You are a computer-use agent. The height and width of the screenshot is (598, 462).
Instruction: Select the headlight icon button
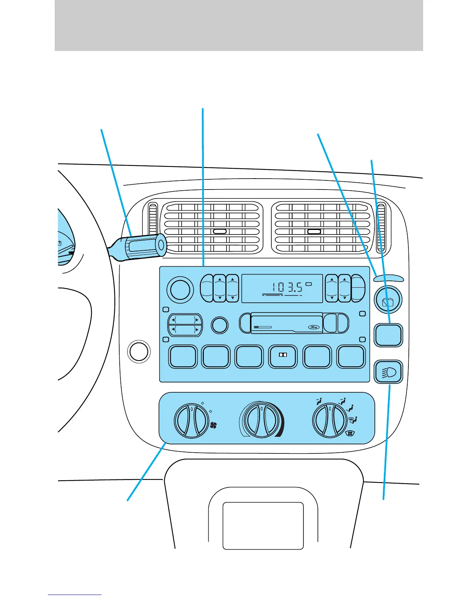coord(388,372)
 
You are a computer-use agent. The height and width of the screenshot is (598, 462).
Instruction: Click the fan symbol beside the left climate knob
coord(213,426)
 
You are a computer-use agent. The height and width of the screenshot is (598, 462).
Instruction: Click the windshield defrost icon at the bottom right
coord(350,434)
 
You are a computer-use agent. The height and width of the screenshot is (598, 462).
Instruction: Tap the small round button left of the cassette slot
coord(219,325)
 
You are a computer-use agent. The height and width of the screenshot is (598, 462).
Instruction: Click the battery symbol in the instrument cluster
coord(60,244)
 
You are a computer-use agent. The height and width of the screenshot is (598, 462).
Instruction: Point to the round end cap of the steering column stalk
coord(161,245)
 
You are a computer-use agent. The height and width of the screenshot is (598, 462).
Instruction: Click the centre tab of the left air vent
coord(219,232)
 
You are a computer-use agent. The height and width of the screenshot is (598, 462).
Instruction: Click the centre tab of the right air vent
coord(314,232)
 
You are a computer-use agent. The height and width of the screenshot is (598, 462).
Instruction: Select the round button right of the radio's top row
coord(388,301)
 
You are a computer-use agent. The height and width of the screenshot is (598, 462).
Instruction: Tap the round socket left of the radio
coord(139,351)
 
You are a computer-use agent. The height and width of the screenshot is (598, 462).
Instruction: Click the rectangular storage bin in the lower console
coord(263,526)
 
